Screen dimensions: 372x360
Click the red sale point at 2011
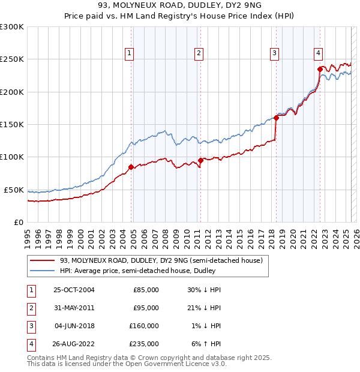coord(200,160)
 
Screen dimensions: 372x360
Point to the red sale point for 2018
coord(276,118)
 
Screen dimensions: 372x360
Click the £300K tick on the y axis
coord(12,27)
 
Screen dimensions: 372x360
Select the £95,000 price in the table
coord(146,308)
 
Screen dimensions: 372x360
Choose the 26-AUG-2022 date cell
coord(74,344)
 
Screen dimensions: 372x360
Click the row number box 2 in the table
coord(29,308)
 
